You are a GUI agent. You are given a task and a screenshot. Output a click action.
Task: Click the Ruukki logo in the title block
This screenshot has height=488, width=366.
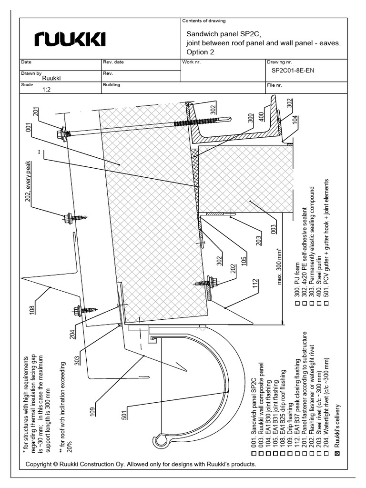[x=70, y=39]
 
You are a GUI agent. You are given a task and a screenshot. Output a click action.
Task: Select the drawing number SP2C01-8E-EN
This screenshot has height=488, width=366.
[x=293, y=71]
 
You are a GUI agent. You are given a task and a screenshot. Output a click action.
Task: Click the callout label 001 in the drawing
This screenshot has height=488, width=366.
[x=28, y=130]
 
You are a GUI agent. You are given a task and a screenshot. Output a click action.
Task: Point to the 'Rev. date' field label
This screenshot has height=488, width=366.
[x=113, y=62]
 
